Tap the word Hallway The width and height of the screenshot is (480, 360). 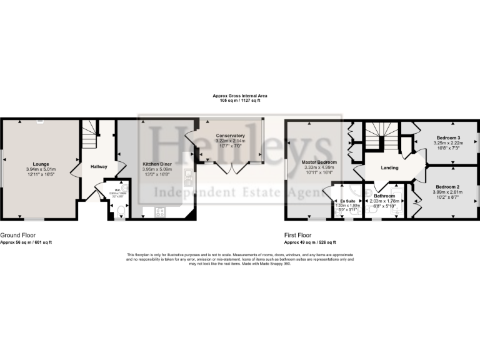click(99, 166)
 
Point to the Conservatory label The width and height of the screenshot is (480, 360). click(230, 136)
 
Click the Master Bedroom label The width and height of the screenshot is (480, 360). click(310, 162)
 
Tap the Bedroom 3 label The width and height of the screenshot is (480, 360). click(448, 137)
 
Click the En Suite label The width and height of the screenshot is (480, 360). click(347, 201)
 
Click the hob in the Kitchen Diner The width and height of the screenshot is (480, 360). click(159, 212)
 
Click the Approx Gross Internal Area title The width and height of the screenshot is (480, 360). click(240, 96)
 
